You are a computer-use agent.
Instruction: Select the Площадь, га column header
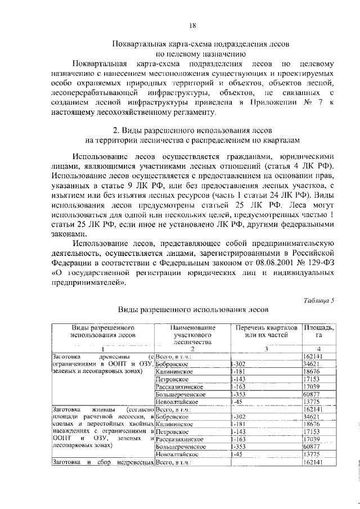pyautogui.click(x=319, y=331)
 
